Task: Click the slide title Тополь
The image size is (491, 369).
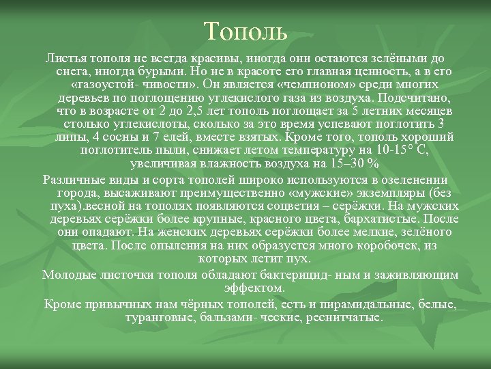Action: click(245, 30)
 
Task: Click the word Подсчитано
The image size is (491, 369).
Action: click(403, 98)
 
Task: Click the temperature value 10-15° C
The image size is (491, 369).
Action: click(403, 151)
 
